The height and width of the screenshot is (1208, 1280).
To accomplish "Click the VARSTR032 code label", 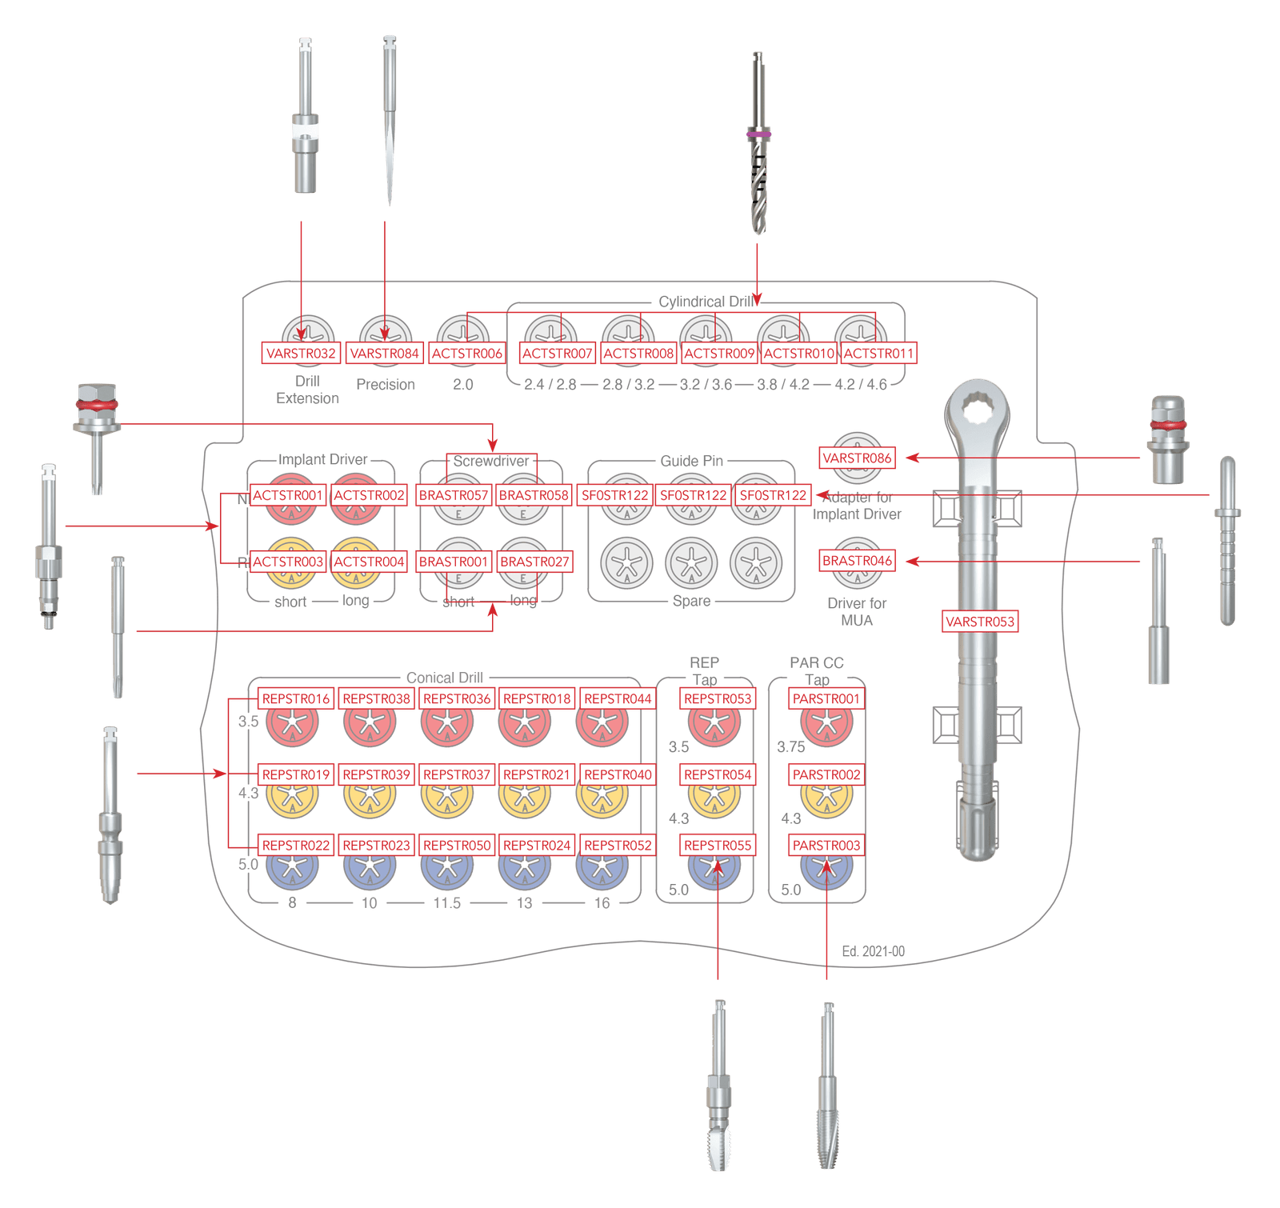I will pos(301,353).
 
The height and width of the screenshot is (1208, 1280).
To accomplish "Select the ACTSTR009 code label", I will pos(719,353).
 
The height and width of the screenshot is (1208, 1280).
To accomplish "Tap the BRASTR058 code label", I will pos(534,495).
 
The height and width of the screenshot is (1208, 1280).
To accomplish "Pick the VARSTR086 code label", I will pos(857,458).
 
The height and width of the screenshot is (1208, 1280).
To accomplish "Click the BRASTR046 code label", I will pos(857,561).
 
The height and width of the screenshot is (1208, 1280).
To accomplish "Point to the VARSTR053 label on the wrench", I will pos(979,622).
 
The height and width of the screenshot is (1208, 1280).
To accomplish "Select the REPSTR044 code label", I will pos(618,698).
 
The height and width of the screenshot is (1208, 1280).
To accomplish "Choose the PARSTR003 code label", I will pos(826,845).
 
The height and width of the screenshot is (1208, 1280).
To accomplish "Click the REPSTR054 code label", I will pos(718,774).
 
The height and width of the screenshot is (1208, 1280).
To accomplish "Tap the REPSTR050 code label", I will pos(457,845).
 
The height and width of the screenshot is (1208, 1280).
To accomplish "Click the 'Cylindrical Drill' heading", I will pos(704,302).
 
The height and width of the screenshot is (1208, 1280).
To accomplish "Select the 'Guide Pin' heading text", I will pos(691,461).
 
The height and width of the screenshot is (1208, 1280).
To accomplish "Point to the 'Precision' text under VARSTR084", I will pos(385,385).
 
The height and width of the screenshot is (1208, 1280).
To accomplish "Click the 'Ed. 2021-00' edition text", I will pos(874,952).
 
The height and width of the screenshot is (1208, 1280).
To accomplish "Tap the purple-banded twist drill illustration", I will pos(758,144).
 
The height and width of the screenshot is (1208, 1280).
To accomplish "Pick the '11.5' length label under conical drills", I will pos(447,903).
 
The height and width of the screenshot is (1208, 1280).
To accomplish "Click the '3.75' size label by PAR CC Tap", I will pos(790,747).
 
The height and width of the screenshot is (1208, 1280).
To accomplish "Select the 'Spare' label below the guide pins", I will pos(691,601).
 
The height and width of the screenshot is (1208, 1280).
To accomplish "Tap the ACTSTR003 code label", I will pos(288,562).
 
